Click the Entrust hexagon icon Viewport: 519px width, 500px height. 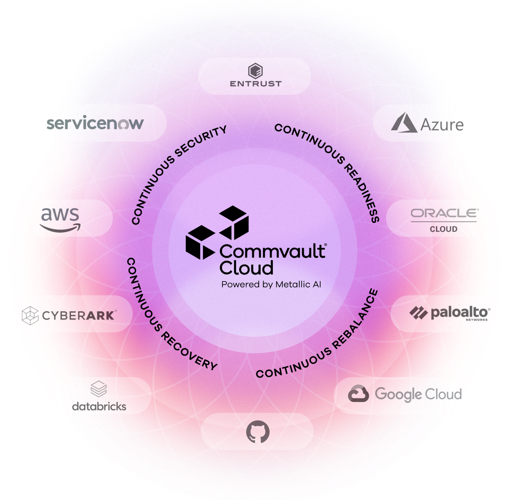point(255,71)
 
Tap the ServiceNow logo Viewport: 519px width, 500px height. point(95,123)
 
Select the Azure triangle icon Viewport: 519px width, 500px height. point(404,123)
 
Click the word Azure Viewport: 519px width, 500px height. point(442,125)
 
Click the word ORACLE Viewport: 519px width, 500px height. point(444,213)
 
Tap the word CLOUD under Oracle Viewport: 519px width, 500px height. point(444,229)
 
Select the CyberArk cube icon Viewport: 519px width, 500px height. point(30,315)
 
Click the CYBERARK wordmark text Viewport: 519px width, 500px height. point(79,315)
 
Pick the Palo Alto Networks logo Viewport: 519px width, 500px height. point(450,313)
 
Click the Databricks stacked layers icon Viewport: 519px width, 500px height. point(99,389)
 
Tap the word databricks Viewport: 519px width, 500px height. point(99,406)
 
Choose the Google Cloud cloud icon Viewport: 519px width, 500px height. point(358,394)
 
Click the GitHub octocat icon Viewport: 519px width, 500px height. point(257,431)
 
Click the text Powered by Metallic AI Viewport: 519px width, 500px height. point(271,284)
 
